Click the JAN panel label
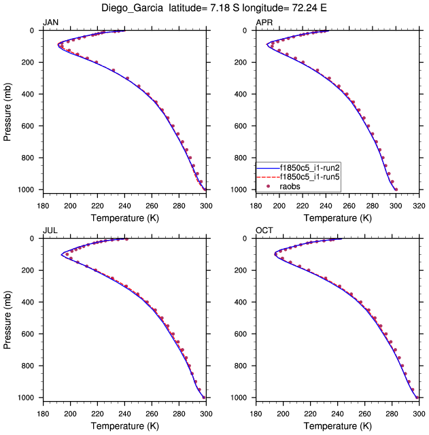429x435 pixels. (50, 22)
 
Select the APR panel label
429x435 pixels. (264, 22)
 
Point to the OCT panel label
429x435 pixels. (264, 230)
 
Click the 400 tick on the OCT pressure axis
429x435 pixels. (243, 302)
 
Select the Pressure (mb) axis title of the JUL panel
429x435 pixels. (8, 317)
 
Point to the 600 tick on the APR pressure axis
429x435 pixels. (243, 126)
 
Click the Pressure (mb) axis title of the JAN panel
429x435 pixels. (8, 109)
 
